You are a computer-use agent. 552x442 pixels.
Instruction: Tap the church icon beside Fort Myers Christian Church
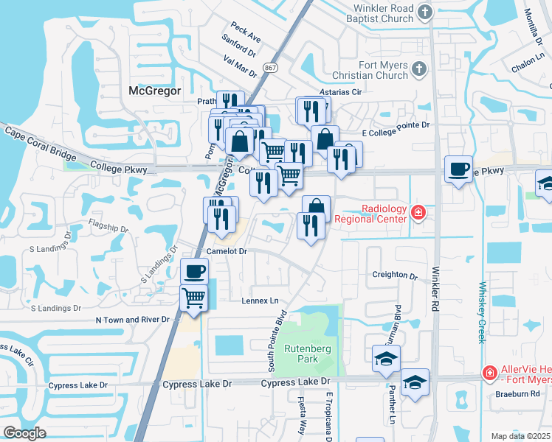419,69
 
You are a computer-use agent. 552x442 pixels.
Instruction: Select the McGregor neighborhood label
154,91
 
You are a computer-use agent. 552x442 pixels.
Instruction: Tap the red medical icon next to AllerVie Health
488,373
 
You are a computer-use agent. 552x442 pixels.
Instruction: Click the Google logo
25,432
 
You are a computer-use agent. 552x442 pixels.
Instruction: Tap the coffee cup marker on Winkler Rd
458,169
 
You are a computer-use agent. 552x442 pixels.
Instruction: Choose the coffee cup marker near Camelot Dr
195,271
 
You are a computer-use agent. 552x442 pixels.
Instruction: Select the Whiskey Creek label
482,312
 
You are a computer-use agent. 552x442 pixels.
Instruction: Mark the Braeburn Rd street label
521,393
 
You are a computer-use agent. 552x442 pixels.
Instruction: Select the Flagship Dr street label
108,223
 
